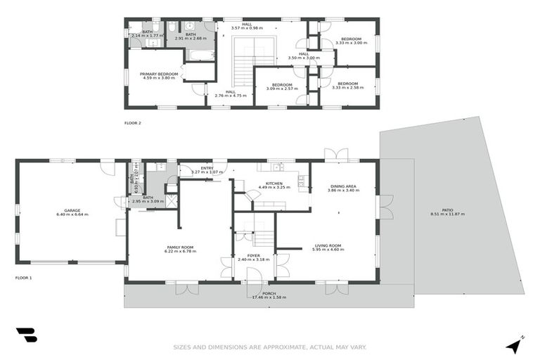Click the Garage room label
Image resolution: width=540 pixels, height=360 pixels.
[72, 210]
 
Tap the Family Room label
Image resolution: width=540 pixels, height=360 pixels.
[180, 247]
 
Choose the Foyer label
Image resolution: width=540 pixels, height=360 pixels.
[254, 255]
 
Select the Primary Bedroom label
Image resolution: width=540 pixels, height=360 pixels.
[158, 74]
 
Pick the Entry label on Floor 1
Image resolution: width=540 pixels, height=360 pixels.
[207, 168]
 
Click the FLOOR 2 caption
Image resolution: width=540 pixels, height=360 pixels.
[133, 123]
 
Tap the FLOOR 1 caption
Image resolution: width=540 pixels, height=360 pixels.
[24, 278]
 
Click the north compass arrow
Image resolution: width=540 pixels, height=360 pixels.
[515, 345]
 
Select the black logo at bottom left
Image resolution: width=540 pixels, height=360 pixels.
[26, 335]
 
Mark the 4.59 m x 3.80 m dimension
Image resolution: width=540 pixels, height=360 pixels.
[158, 78]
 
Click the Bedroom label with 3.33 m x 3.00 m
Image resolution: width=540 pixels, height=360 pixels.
[351, 39]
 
